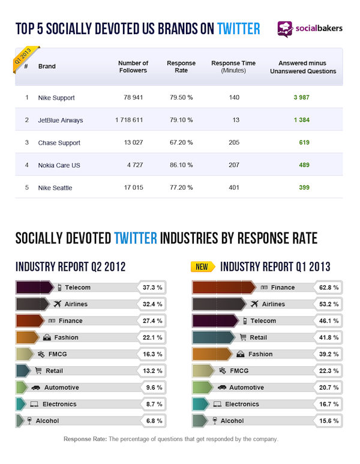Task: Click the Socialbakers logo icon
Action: click(x=285, y=29)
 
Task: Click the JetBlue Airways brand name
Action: click(x=61, y=120)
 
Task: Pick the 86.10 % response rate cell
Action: click(x=180, y=165)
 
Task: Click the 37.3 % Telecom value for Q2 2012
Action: click(x=151, y=288)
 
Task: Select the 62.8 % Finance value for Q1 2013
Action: click(x=328, y=288)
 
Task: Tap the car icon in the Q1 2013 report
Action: click(x=222, y=388)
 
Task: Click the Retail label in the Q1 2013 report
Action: click(x=259, y=337)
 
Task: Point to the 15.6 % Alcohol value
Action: click(x=328, y=421)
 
